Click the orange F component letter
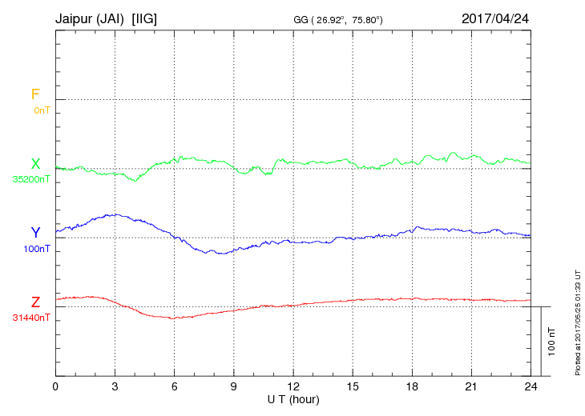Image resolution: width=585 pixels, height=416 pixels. click(x=35, y=94)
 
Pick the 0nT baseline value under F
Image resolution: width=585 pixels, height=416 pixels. click(x=41, y=110)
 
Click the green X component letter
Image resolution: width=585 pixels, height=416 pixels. click(x=35, y=164)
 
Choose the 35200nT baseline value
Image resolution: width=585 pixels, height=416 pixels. click(x=31, y=179)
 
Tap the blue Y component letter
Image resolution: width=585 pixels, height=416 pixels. click(x=35, y=233)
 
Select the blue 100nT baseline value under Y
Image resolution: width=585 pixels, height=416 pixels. click(x=35, y=248)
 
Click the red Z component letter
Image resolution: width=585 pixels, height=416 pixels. click(x=35, y=302)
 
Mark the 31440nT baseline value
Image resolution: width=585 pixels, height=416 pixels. click(x=31, y=318)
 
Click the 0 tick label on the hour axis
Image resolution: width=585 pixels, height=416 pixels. click(x=55, y=386)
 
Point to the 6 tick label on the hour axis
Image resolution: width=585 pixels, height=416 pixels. click(x=174, y=386)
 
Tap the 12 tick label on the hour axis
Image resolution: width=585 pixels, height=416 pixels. click(x=293, y=386)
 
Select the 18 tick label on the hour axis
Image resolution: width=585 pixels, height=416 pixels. click(x=412, y=386)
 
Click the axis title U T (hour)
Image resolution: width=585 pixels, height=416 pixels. click(x=293, y=398)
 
